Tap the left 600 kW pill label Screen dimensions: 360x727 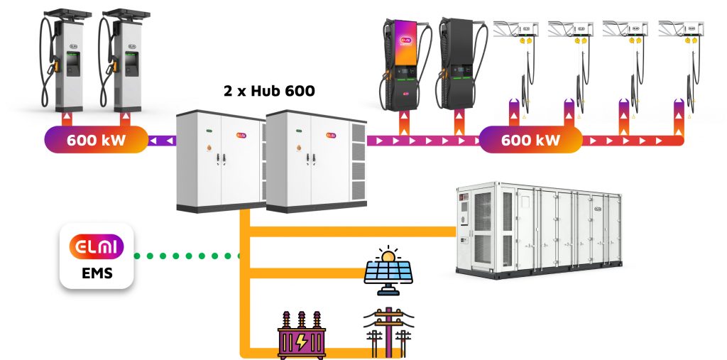coord(97,139)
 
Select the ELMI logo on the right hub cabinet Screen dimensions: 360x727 coord(332,133)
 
